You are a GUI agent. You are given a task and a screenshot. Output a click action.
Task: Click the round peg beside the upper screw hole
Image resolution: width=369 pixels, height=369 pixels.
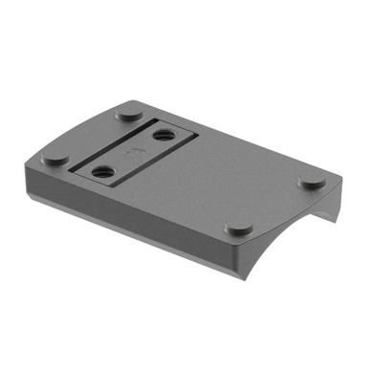(x=128, y=112)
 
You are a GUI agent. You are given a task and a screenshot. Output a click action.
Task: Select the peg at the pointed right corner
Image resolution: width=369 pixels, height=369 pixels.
(x=314, y=181)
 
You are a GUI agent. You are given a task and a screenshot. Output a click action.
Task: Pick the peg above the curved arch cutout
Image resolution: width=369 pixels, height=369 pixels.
(x=238, y=229)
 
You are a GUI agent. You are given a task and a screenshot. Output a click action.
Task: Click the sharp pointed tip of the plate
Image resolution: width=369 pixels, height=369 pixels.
(x=342, y=183)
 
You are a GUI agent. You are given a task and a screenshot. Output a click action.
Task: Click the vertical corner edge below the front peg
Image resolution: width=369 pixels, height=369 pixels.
(x=236, y=258)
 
